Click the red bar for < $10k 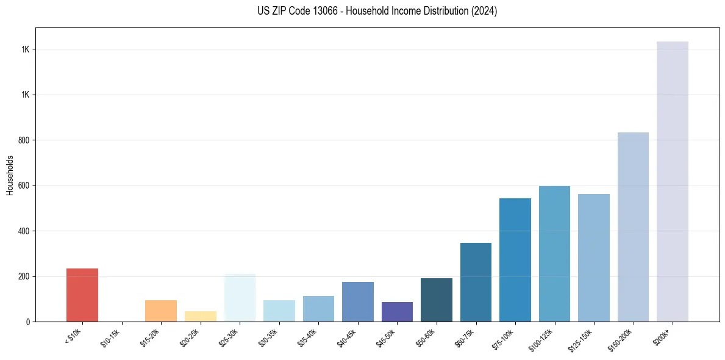pos(82,295)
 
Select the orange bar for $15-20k pos(160,311)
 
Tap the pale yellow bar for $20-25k pos(200,316)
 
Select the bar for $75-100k pos(515,259)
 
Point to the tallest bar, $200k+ pos(672,181)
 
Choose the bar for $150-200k pos(633,226)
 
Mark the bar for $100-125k pos(554,253)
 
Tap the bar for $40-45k pos(357,301)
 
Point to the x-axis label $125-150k pos(583,339)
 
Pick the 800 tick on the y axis pos(25,140)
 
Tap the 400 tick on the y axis pos(25,231)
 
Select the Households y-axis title pos(10,175)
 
